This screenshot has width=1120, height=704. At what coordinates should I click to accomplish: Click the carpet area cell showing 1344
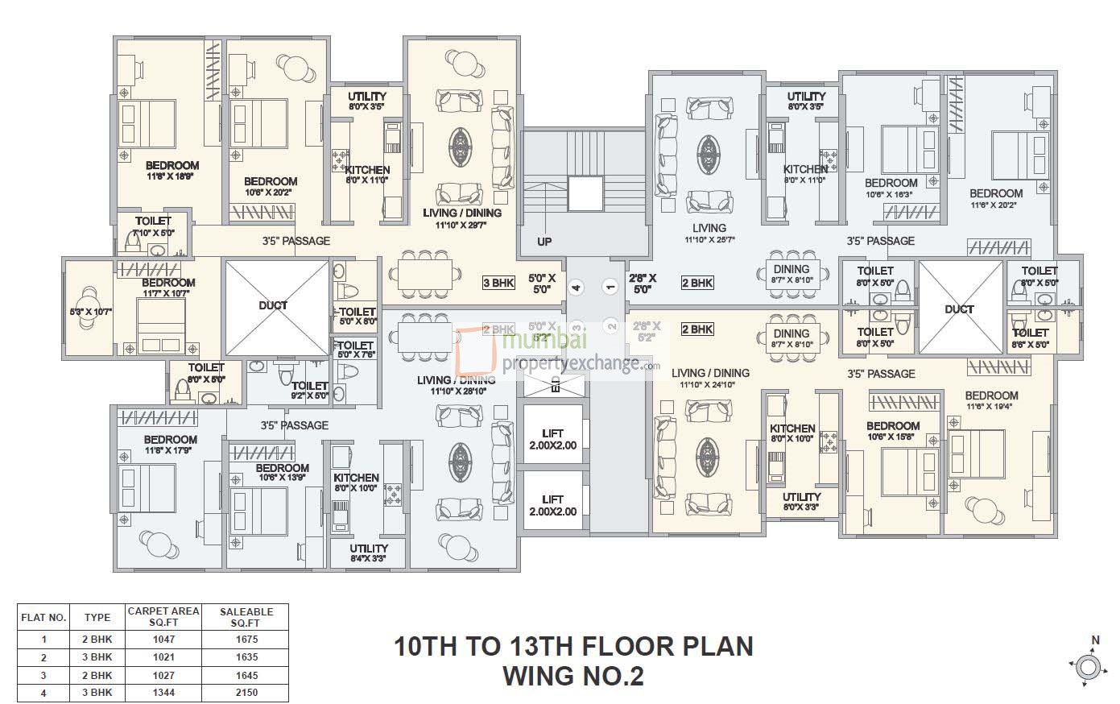(163, 693)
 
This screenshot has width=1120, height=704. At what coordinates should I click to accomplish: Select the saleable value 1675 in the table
(246, 640)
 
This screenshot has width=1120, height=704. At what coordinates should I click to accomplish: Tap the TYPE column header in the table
(97, 618)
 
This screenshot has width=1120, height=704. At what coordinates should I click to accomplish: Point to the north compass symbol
(1088, 666)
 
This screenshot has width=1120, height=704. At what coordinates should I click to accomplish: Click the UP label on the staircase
(545, 242)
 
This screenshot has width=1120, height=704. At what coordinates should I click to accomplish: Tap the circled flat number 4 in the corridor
(576, 287)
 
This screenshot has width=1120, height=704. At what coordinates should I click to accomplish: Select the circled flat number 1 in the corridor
(611, 287)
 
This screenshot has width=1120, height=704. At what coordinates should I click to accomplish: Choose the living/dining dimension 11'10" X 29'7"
(461, 225)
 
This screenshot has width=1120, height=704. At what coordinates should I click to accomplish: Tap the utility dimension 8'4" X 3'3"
(369, 558)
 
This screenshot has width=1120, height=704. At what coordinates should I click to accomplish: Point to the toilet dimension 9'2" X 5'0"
(309, 396)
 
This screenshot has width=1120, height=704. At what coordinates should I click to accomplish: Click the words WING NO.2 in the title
(573, 675)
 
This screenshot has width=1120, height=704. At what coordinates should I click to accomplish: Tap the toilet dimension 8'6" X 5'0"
(1031, 344)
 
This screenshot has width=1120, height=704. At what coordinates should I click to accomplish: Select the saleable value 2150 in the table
(246, 693)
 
